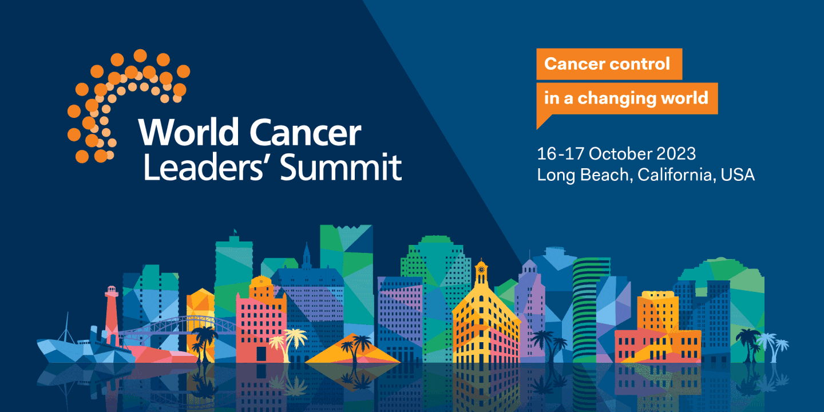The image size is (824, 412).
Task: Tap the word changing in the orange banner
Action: [x=616, y=98]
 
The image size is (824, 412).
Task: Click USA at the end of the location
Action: [x=738, y=175]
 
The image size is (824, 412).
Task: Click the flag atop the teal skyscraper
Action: [x=234, y=232]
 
